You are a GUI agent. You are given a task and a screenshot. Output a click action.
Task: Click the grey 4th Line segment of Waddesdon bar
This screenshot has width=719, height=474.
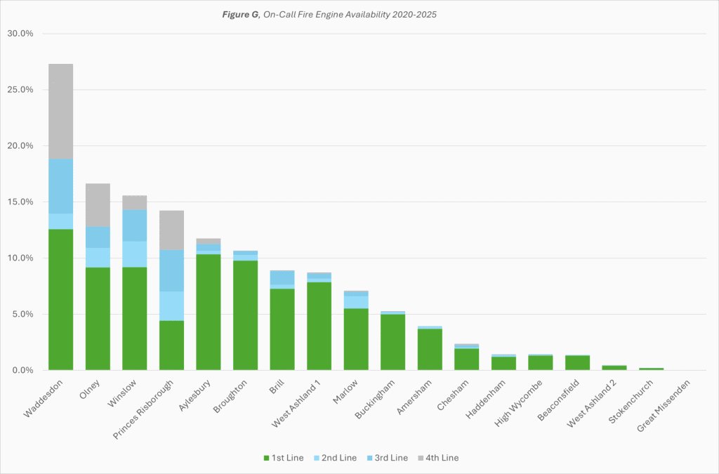[60, 111]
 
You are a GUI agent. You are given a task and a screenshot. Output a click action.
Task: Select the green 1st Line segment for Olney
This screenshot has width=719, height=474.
[98, 318]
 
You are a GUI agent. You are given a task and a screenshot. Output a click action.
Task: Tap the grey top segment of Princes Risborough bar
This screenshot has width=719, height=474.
[171, 230]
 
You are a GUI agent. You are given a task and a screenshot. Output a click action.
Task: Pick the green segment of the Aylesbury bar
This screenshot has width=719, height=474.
[209, 312]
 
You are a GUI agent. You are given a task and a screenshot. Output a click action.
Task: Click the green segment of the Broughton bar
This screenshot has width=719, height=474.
[246, 315]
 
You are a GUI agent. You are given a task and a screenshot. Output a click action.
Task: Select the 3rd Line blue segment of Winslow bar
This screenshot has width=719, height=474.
[135, 225]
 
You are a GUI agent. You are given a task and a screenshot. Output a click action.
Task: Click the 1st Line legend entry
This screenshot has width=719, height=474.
[284, 458]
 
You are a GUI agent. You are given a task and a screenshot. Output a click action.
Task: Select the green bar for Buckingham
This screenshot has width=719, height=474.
[393, 342]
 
